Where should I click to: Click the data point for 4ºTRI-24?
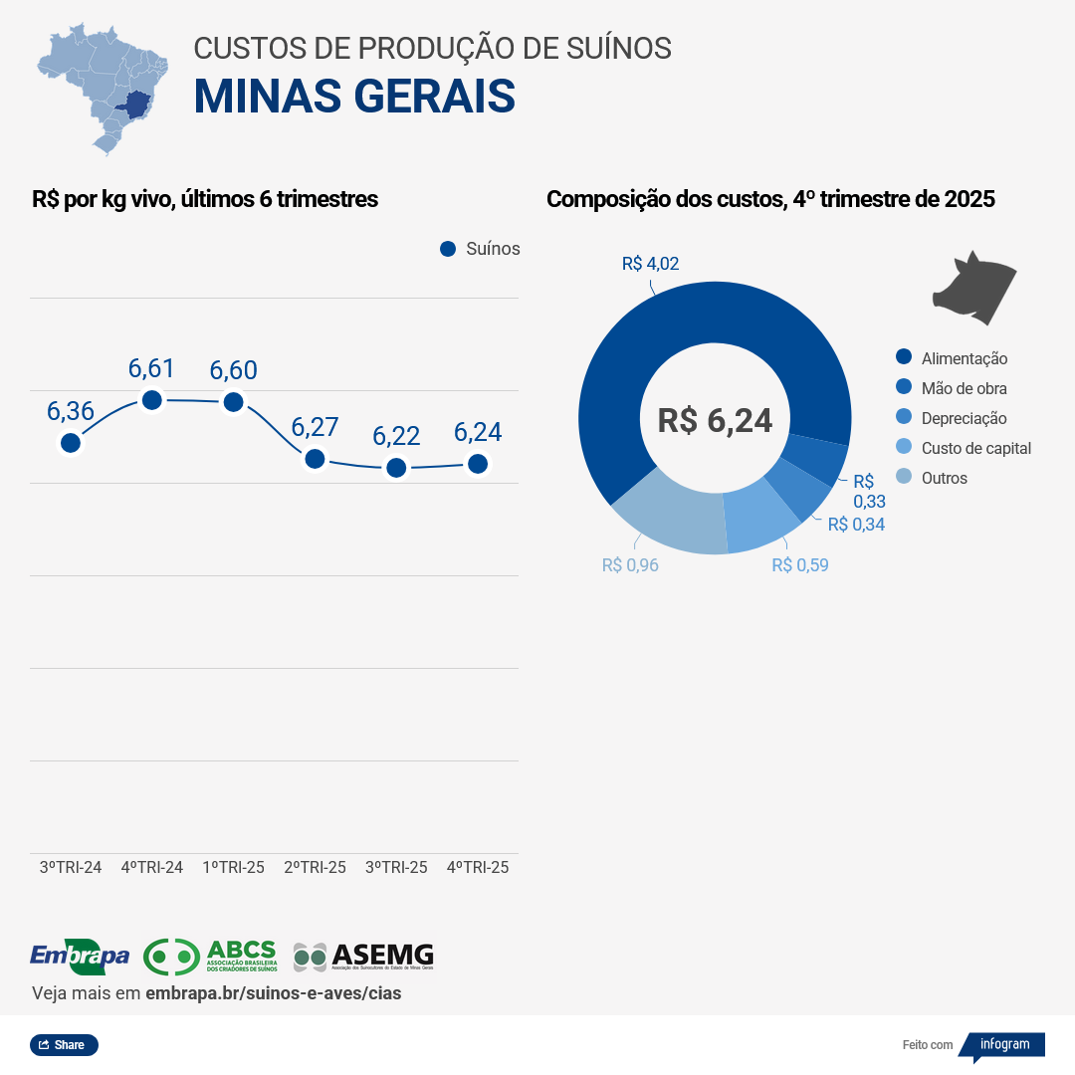click(152, 400)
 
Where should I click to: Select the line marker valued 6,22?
click(396, 467)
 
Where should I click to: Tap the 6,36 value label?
click(71, 411)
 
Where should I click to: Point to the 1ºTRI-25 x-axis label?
click(233, 867)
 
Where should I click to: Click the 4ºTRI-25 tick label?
click(478, 867)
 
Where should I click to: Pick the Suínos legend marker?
click(448, 249)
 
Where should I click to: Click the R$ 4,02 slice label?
click(650, 264)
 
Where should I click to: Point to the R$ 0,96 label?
click(630, 565)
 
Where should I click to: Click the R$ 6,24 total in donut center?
click(715, 420)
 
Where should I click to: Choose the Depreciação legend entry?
click(964, 418)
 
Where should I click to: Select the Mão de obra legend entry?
click(964, 388)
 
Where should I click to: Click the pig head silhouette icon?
click(973, 289)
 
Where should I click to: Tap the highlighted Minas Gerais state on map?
click(132, 104)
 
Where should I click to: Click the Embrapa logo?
click(80, 957)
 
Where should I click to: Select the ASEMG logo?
click(363, 957)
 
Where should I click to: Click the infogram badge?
click(1003, 1045)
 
